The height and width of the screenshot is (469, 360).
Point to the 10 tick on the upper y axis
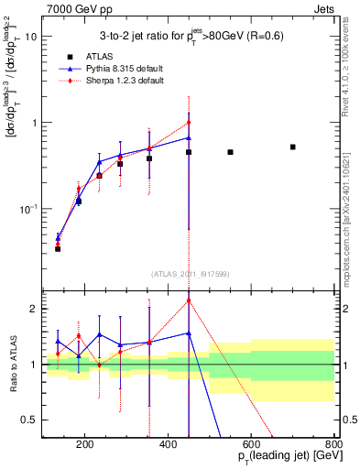(31, 38)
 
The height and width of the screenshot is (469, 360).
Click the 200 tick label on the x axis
(85, 446)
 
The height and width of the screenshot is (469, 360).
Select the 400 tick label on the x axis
(169, 446)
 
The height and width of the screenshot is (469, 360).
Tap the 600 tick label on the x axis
(252, 446)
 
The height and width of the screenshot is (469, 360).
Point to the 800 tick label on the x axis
(335, 446)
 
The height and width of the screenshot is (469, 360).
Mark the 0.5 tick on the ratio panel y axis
(30, 420)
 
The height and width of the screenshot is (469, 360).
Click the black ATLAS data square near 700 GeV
(293, 147)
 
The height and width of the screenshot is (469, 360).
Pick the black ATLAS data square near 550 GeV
(230, 152)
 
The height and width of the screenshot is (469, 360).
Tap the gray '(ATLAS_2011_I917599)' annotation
(189, 272)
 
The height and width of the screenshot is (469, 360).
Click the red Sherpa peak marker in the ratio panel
(189, 300)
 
